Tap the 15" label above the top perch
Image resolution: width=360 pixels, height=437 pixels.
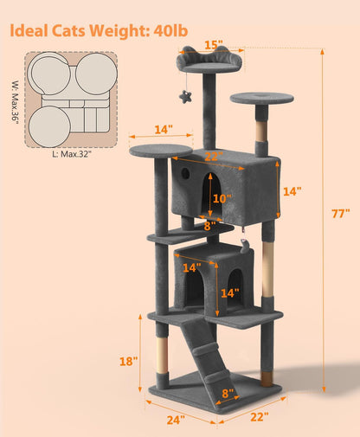pos(213,43)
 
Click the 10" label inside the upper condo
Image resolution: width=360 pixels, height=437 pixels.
pos(222,198)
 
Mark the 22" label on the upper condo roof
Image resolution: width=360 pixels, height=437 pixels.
pos(214,157)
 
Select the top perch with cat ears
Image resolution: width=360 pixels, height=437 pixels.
pos(209,63)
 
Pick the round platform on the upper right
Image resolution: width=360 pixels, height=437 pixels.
pos(260,98)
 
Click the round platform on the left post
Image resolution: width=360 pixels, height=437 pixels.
pos(161,151)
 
